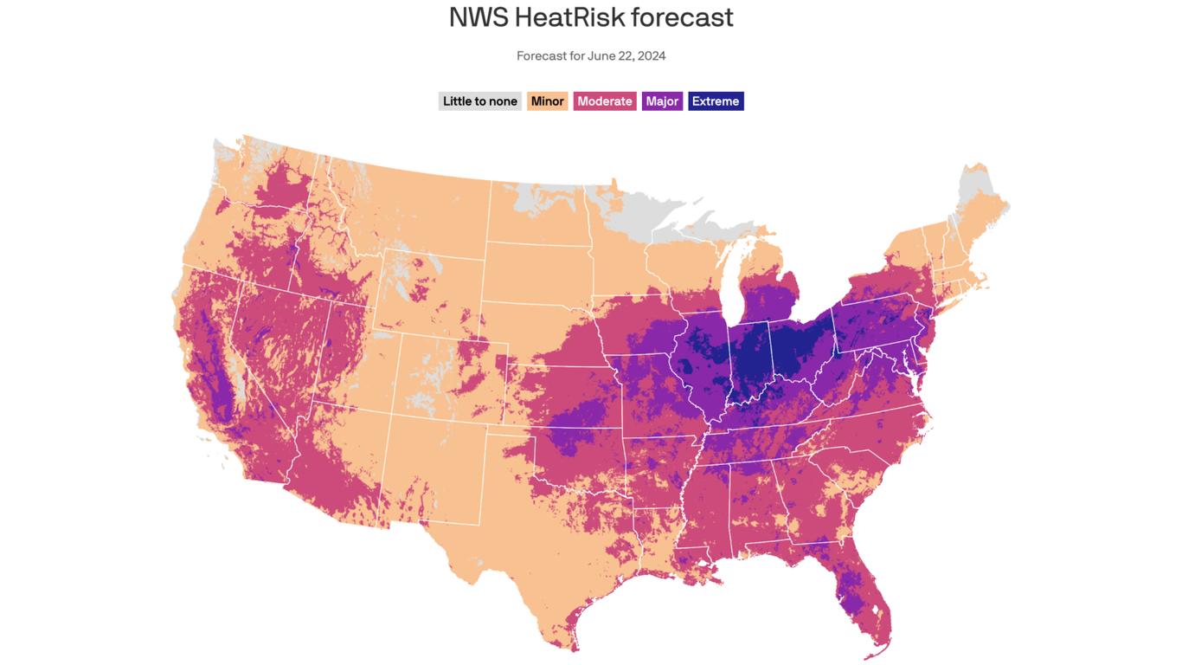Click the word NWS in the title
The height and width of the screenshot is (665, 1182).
(x=479, y=17)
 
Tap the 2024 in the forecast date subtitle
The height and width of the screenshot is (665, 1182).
(x=651, y=56)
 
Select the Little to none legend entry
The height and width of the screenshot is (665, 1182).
(x=479, y=101)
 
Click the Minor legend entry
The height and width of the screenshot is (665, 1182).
(x=547, y=101)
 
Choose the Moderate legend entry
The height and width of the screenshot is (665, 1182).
(x=604, y=101)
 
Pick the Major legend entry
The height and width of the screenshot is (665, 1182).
(x=662, y=101)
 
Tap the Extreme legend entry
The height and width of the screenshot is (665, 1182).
(x=716, y=101)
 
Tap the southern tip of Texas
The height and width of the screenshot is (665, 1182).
(x=572, y=636)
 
